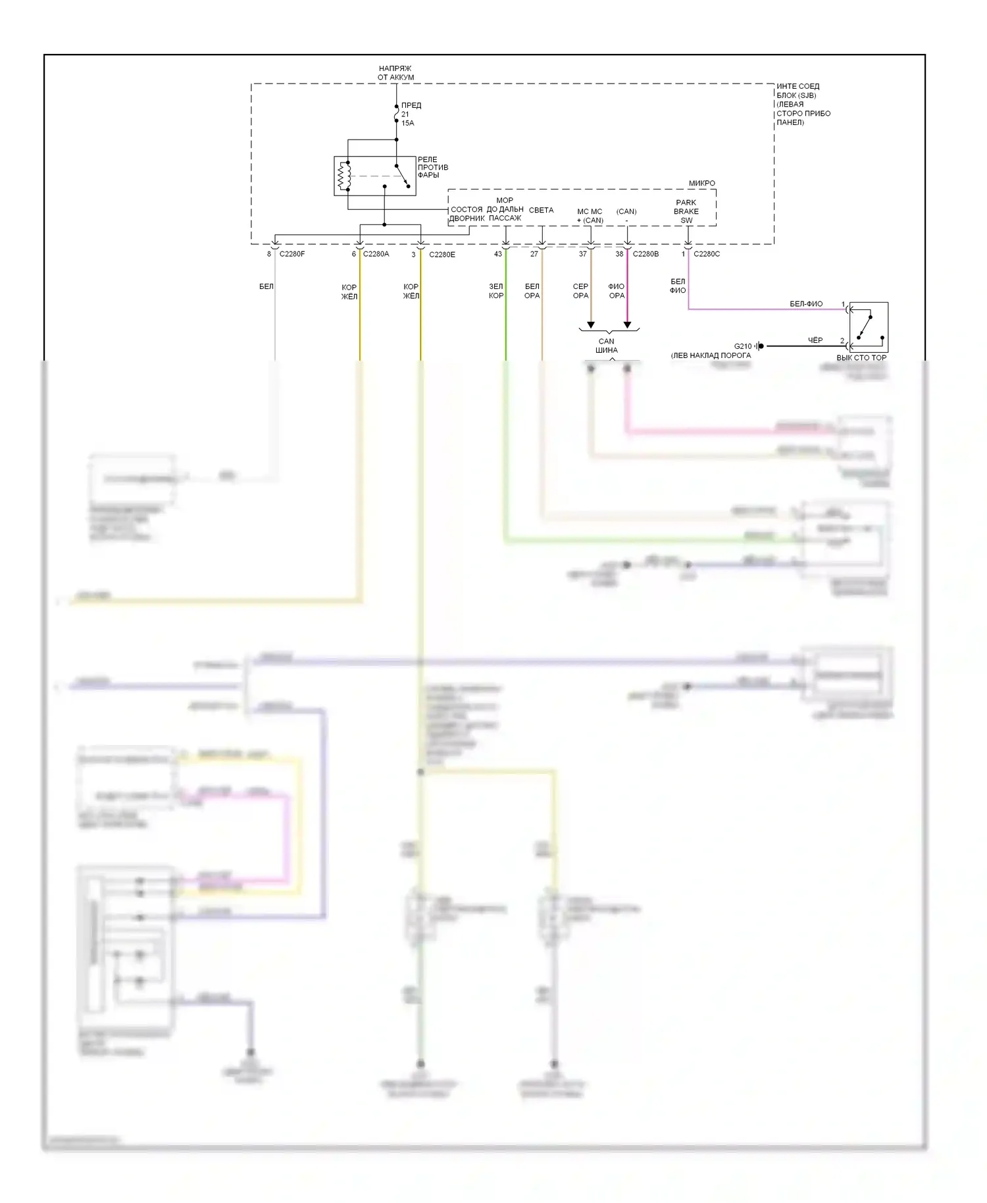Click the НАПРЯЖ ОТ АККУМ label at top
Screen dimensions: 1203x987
point(395,73)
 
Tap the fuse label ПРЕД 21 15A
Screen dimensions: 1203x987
point(410,114)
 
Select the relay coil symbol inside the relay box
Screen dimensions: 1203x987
point(342,176)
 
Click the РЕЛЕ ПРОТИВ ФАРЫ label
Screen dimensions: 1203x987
point(432,167)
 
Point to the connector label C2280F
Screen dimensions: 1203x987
point(291,254)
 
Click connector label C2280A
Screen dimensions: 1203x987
point(376,254)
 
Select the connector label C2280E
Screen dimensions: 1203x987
point(442,255)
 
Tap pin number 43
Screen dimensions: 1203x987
point(497,254)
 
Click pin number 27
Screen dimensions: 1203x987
point(534,254)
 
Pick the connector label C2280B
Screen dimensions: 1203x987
point(645,254)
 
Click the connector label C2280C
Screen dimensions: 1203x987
point(706,254)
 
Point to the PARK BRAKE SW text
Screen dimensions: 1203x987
point(686,211)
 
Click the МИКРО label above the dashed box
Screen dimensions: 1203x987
point(701,184)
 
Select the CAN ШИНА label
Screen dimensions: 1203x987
point(606,346)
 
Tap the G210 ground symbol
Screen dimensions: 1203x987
point(760,346)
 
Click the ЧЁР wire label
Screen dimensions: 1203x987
point(815,340)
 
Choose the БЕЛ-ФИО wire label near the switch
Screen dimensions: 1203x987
point(805,304)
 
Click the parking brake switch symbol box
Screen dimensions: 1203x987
point(869,325)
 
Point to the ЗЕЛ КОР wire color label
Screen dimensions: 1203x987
point(495,291)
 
